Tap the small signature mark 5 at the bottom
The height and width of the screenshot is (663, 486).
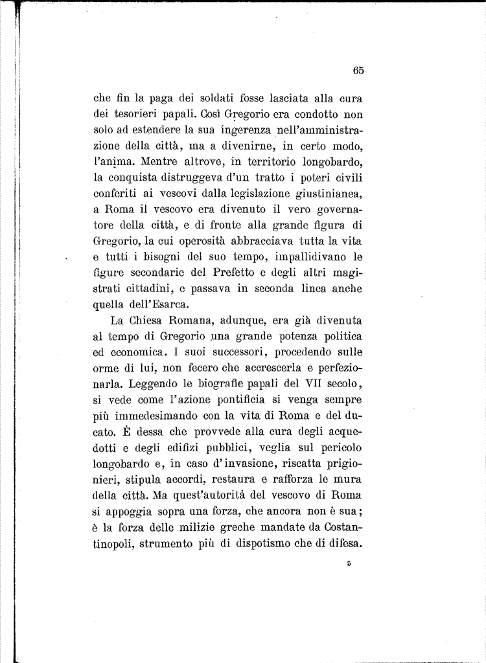point(349,564)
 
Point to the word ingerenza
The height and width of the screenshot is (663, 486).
point(238,132)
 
